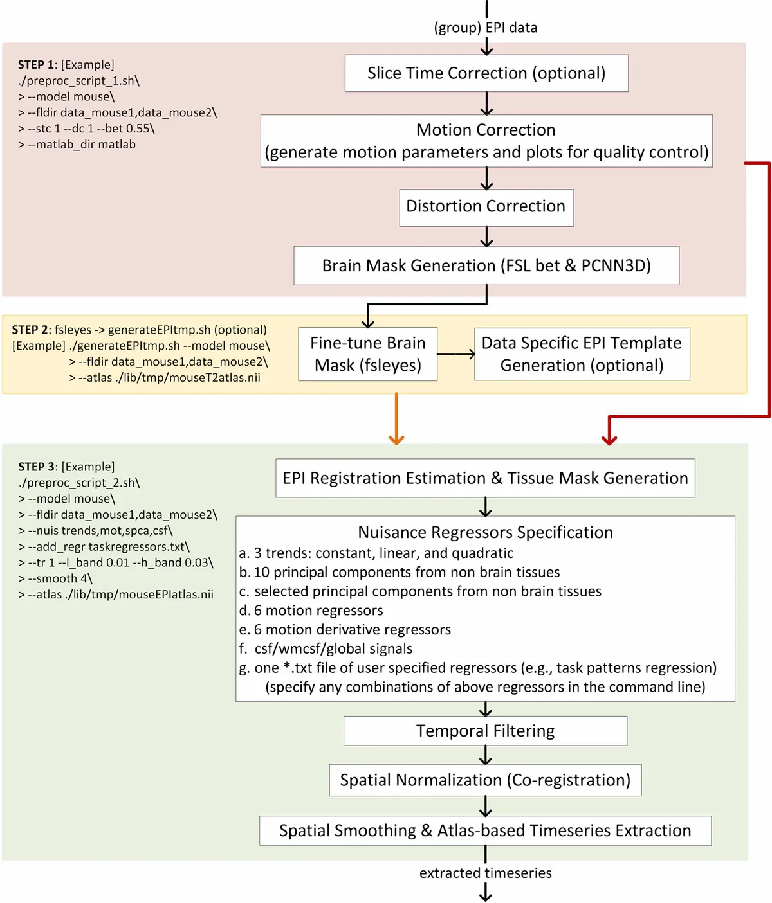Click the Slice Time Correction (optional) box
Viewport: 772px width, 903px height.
[486, 73]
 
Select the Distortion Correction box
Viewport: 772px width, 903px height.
[486, 207]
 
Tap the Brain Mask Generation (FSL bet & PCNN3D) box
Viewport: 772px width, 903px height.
[486, 265]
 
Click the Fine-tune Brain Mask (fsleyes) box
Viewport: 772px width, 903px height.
[368, 354]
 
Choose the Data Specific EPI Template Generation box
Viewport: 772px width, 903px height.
[582, 354]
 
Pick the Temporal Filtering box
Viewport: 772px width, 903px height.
[485, 731]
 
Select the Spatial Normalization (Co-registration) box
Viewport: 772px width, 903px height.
[485, 780]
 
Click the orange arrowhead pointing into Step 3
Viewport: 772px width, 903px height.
[396, 440]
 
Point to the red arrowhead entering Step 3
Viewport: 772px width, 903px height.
[609, 440]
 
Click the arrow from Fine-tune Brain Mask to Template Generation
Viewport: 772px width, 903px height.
[456, 354]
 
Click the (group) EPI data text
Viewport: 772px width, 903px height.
[486, 28]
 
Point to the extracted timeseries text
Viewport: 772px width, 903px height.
[486, 873]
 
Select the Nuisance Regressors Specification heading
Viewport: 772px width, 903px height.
[485, 532]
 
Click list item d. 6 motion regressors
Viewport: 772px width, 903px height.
[311, 611]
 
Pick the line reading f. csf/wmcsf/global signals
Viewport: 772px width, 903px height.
[326, 648]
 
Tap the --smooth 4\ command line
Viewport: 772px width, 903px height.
[56, 578]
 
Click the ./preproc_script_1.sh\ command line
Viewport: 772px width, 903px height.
[79, 81]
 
